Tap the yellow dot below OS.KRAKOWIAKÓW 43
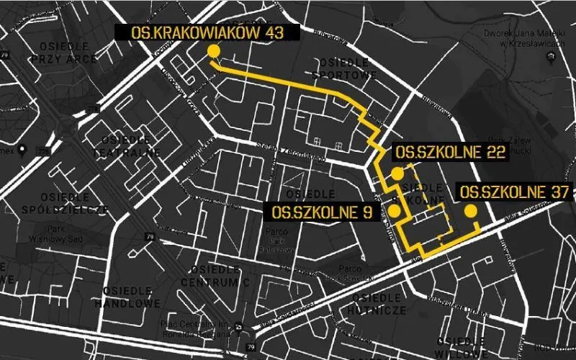(x=213, y=50)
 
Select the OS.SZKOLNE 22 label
(x=450, y=153)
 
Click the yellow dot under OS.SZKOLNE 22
(x=397, y=174)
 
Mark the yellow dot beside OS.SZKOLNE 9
(x=395, y=210)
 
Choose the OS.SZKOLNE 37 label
(x=514, y=192)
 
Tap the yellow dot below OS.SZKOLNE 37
(x=471, y=211)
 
